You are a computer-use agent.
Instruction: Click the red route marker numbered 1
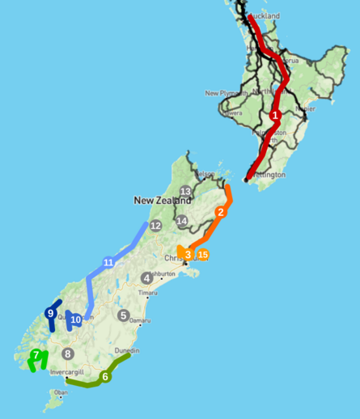[275, 116]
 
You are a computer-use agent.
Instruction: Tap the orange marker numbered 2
[220, 213]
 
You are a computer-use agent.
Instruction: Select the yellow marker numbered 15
[203, 254]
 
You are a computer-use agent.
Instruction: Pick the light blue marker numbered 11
[108, 262]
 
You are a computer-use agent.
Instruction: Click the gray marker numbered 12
[155, 225]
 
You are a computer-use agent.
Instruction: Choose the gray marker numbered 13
[185, 192]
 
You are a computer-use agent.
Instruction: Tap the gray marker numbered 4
[146, 278]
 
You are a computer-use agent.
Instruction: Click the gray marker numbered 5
[123, 315]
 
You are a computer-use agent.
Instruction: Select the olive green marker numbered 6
[105, 377]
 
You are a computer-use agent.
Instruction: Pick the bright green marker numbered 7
[36, 354]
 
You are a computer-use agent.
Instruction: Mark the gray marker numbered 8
[68, 353]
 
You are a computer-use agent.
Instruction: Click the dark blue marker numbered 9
[50, 313]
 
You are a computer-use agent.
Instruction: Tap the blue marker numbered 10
[76, 320]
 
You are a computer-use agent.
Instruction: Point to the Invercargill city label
[67, 372]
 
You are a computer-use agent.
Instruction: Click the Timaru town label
[125, 292]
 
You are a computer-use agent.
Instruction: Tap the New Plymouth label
[222, 93]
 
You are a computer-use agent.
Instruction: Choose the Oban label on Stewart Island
[60, 393]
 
